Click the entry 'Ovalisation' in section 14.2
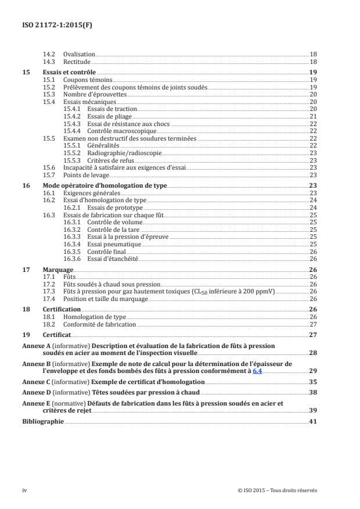(x=79, y=53)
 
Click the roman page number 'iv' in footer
(x=25, y=490)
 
